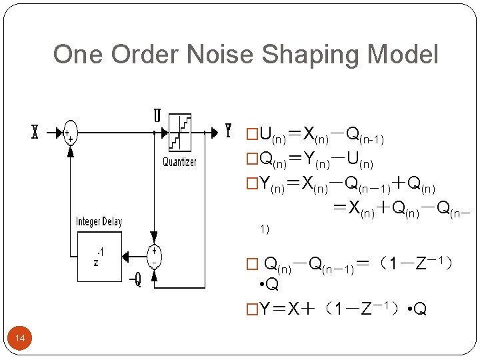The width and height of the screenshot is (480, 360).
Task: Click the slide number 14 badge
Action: click(20, 339)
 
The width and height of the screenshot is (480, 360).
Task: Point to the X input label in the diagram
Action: click(35, 132)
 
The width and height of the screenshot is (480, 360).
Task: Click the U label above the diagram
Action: click(157, 116)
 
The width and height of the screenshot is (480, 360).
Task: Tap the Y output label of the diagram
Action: click(228, 131)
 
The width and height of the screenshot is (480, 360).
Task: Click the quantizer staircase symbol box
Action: click(180, 132)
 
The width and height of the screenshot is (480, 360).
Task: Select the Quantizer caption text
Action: click(180, 162)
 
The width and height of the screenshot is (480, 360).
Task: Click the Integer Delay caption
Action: click(99, 222)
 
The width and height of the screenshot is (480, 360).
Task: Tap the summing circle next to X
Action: click(69, 133)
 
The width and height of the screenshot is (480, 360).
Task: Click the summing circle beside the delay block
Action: click(154, 255)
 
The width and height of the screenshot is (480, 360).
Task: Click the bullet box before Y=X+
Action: click(252, 310)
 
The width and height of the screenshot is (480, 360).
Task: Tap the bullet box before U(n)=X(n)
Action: click(252, 136)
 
